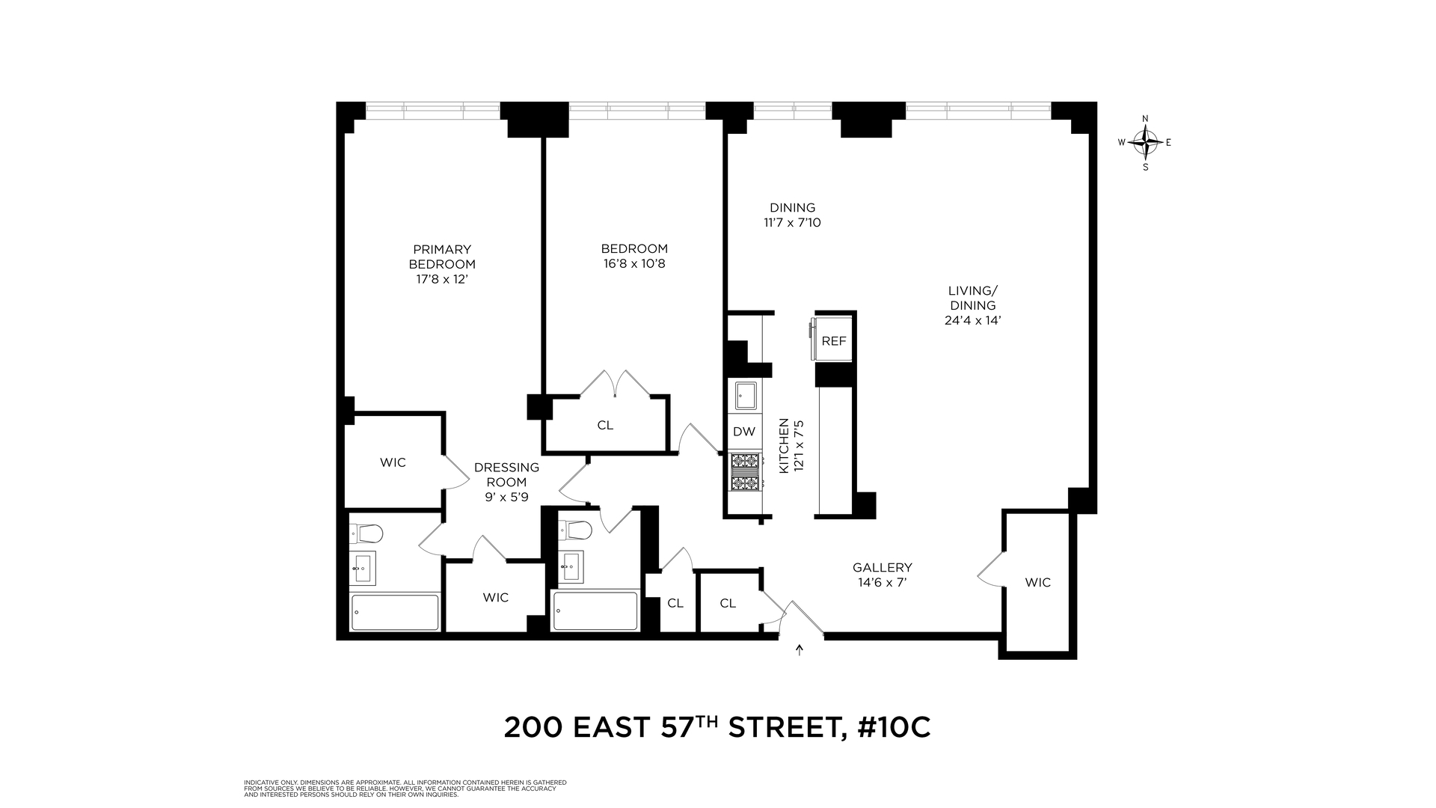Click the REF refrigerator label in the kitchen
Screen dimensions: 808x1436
tap(833, 341)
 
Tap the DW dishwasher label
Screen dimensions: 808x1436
tap(743, 432)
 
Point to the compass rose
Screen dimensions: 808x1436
tap(1145, 141)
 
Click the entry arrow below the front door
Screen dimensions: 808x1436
tap(800, 649)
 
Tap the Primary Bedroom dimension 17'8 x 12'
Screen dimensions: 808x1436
tap(441, 279)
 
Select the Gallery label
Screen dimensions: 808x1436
tap(882, 567)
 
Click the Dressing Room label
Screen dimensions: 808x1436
tap(506, 474)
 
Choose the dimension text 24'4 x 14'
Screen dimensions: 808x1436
tap(972, 320)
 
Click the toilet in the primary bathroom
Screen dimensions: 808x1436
tap(367, 533)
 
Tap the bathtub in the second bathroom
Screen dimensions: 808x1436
tap(595, 611)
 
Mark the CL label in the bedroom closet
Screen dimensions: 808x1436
tap(605, 425)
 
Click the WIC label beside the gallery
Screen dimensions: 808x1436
tap(1037, 582)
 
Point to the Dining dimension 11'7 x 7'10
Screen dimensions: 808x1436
tap(792, 222)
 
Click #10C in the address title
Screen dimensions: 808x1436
tap(894, 727)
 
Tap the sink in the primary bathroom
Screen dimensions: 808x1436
tap(363, 568)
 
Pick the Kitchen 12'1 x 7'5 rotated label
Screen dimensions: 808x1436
tap(791, 445)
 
